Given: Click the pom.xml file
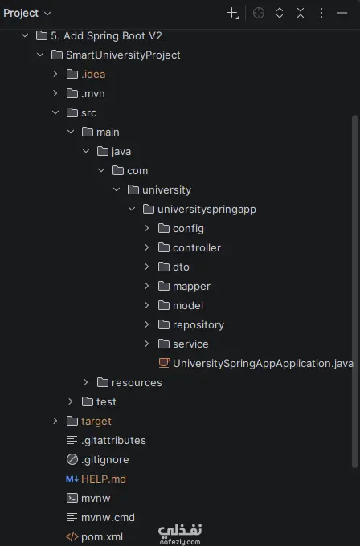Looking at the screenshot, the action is [102, 536].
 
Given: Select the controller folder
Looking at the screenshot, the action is [197, 247].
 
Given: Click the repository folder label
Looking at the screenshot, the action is [198, 325].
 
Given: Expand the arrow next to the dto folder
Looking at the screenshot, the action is [147, 267].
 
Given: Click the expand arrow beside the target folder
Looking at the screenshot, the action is [55, 421].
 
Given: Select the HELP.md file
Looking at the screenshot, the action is [104, 479].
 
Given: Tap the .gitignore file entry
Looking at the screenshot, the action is [105, 459].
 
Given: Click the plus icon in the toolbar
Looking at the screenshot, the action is [232, 14].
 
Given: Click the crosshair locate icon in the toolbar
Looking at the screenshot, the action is [259, 13].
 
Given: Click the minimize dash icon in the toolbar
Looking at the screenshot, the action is [342, 13].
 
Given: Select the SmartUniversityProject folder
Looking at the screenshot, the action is [123, 55].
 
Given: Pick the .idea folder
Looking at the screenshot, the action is [93, 74].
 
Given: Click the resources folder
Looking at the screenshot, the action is [137, 383].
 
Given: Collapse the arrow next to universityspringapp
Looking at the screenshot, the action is [132, 209].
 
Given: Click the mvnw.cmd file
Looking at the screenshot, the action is [108, 517].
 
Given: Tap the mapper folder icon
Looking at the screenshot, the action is [163, 286].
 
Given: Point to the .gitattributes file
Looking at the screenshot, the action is [113, 441].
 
